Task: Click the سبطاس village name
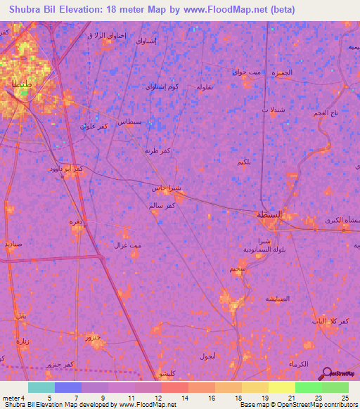click(133, 122)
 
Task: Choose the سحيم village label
click(237, 268)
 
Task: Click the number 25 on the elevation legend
click(345, 397)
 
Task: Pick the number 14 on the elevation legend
click(184, 397)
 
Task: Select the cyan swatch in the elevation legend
click(41, 387)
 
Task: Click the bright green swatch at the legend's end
click(335, 387)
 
